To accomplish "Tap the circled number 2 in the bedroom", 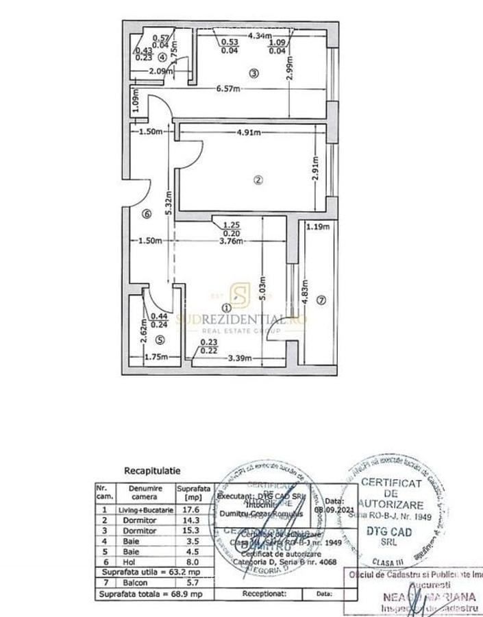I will (258, 180).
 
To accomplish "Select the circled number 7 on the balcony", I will (321, 299).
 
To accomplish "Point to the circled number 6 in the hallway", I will (145, 214).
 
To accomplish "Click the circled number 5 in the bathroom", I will (160, 339).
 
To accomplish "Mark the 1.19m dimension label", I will (318, 228).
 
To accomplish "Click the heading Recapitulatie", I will (152, 471).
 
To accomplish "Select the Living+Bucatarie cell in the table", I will (147, 510).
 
